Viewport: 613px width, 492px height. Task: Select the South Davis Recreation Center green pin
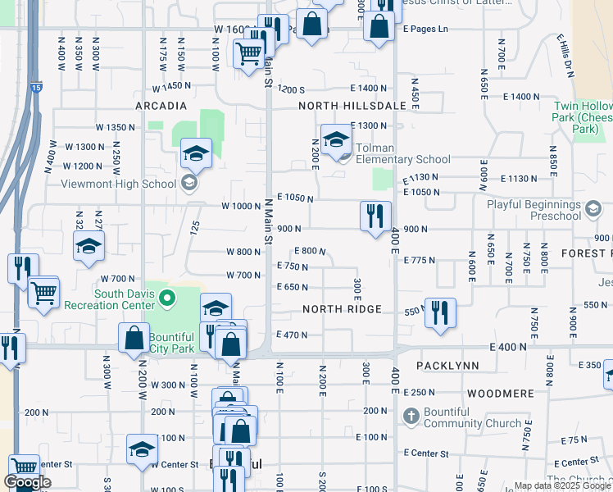click(x=167, y=298)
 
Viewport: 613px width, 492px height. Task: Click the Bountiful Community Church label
click(x=473, y=417)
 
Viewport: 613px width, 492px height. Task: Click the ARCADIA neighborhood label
click(x=161, y=107)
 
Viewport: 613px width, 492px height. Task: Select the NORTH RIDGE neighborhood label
click(x=342, y=309)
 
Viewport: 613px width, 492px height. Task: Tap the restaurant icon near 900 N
click(x=375, y=216)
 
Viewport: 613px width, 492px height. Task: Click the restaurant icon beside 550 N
click(x=440, y=312)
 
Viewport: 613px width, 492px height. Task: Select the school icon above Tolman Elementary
click(x=335, y=140)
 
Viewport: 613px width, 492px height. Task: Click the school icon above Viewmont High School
click(x=196, y=153)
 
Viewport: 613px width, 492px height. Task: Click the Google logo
click(x=27, y=482)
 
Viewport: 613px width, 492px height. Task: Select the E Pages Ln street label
click(x=426, y=29)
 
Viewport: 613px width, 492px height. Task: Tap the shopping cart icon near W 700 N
click(x=43, y=291)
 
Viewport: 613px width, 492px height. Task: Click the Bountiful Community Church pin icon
click(x=412, y=417)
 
